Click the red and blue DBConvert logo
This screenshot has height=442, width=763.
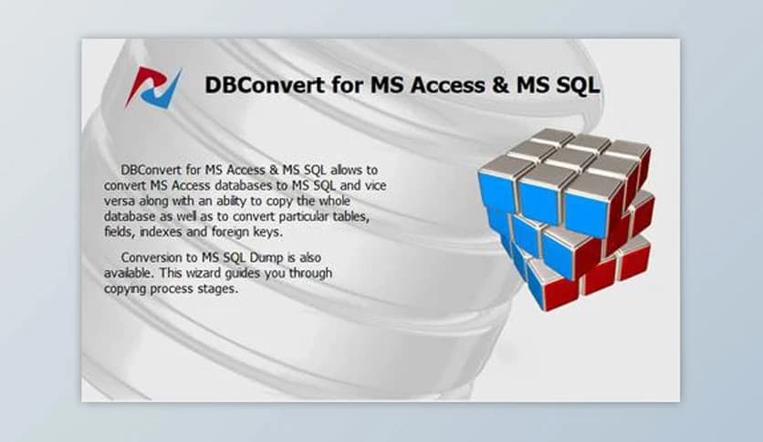153,87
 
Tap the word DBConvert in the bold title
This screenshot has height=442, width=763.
259,86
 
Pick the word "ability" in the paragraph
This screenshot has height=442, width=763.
242,201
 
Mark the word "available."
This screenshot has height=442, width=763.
130,273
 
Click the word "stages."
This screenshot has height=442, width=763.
217,289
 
